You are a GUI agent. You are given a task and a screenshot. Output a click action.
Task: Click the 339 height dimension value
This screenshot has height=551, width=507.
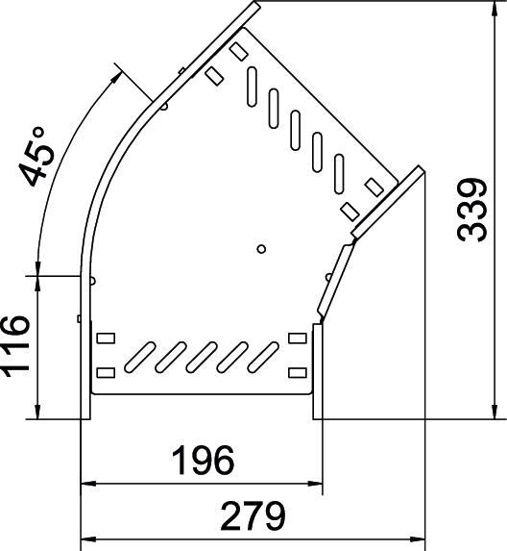[x=469, y=211]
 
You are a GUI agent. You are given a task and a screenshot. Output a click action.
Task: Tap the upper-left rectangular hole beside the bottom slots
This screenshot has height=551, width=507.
[x=105, y=338]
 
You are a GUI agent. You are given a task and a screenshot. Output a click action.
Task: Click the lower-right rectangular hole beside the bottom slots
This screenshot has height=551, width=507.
[x=297, y=370]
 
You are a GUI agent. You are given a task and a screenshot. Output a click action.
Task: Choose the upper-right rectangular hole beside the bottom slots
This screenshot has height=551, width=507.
[x=297, y=338]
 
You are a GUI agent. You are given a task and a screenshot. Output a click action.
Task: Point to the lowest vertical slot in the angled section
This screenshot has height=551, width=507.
[x=340, y=170]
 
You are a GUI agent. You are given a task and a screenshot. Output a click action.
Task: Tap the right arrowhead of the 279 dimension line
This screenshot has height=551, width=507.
[x=420, y=536]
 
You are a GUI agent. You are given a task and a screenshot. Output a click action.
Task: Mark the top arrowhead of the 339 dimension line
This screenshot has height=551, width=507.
[x=495, y=7]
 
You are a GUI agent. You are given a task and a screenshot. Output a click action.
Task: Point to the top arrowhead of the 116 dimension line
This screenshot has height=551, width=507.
[x=37, y=280]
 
